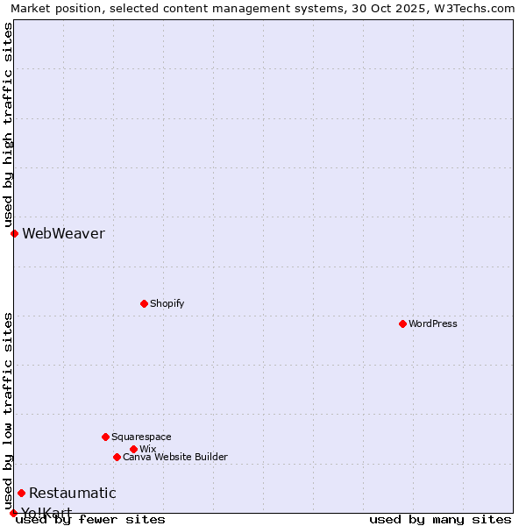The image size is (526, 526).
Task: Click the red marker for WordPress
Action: (402, 323)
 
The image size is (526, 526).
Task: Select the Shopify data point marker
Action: (144, 303)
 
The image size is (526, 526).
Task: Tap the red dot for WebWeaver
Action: (14, 233)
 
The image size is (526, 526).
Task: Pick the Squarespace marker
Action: (105, 437)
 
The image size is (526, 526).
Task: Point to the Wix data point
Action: (133, 449)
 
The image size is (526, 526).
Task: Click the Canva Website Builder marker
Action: (117, 457)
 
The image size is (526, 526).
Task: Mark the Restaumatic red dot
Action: (21, 493)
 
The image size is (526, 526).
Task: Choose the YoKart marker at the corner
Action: (13, 513)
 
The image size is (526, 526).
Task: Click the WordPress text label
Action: (433, 323)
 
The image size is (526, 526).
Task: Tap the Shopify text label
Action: (167, 303)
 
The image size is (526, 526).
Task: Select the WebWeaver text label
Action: (63, 233)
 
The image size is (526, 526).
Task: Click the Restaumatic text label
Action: (72, 493)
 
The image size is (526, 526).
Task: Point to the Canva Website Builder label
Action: (175, 457)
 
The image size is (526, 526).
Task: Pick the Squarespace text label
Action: (141, 437)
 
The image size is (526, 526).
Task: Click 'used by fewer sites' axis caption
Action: (90, 519)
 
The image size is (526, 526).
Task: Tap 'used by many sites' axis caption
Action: (440, 519)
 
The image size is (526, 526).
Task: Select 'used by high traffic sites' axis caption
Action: (8, 124)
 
